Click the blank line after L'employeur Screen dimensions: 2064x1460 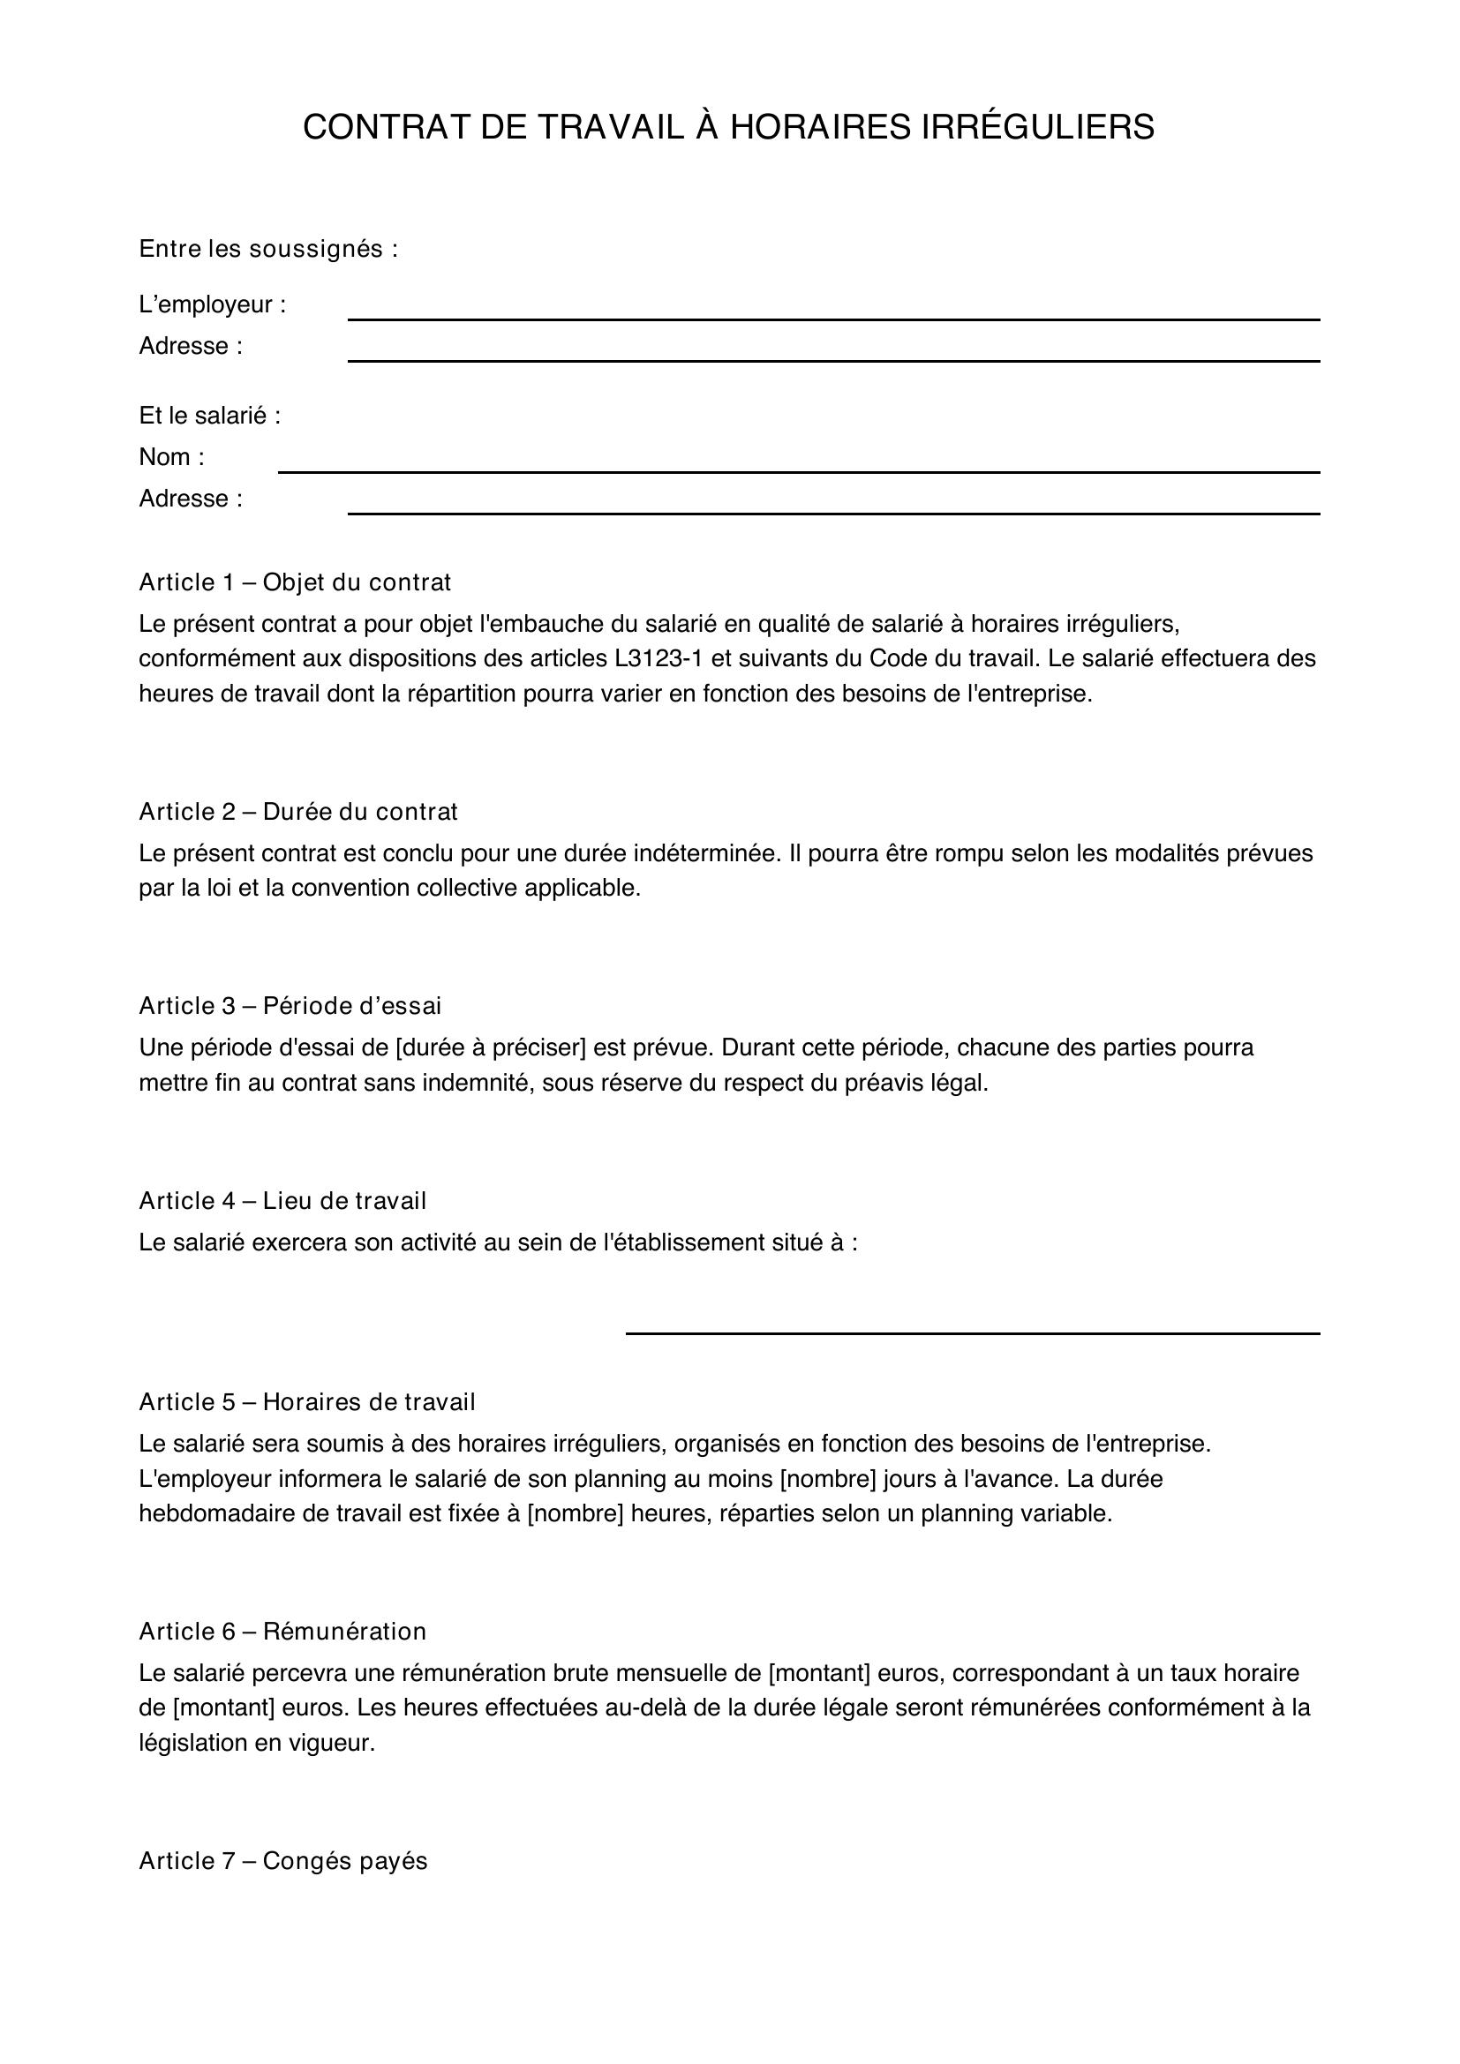(833, 318)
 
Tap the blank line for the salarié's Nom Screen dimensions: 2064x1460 (798, 470)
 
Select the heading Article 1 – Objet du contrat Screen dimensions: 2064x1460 (295, 582)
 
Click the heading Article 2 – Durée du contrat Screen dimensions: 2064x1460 (298, 812)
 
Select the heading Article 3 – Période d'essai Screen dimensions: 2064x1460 (290, 1006)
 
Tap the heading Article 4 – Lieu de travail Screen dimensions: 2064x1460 (283, 1201)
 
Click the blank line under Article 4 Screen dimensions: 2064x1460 (973, 1332)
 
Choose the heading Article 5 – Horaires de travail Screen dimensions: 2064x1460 (307, 1402)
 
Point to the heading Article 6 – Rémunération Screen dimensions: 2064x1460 (283, 1632)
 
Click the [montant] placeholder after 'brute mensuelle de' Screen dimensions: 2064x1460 (820, 1673)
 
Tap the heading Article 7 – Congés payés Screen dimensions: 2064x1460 (283, 1861)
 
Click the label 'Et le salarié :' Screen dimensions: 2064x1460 (210, 417)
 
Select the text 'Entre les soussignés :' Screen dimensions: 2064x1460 (269, 249)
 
